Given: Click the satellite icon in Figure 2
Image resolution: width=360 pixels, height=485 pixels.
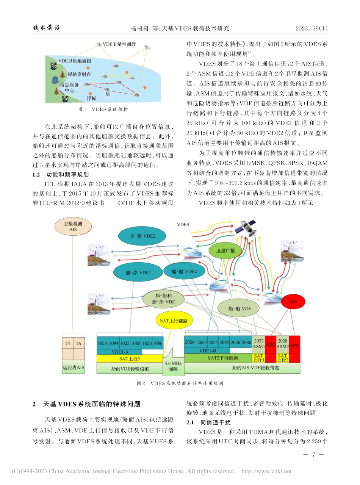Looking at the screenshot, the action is click(244, 228).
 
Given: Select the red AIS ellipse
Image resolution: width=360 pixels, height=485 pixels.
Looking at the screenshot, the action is click(293, 302).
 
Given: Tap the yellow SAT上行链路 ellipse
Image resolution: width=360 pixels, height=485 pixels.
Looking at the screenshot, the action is click(174, 320).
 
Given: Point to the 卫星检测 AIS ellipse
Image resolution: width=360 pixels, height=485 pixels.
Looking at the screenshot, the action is click(73, 227).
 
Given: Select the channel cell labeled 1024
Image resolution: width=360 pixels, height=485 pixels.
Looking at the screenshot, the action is click(102, 343).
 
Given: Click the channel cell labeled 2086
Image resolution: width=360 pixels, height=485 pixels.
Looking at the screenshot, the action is click(246, 342).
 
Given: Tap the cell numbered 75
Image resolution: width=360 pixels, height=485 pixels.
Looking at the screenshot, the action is click(68, 344).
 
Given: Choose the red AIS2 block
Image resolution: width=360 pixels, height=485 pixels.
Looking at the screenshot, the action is click(294, 346).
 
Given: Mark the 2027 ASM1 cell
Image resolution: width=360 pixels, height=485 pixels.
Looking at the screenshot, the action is click(258, 343).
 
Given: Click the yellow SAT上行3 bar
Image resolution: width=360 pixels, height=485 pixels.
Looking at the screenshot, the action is click(130, 358).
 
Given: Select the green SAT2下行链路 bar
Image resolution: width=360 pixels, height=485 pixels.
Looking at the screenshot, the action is click(218, 358).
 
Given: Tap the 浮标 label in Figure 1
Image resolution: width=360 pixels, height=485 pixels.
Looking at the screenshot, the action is click(91, 98).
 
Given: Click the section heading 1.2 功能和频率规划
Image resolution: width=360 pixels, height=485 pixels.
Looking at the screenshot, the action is click(60, 175).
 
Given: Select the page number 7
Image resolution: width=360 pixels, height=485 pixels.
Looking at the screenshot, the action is click(313, 454).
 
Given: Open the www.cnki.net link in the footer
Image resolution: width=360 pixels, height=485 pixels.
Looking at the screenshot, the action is click(266, 471).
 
